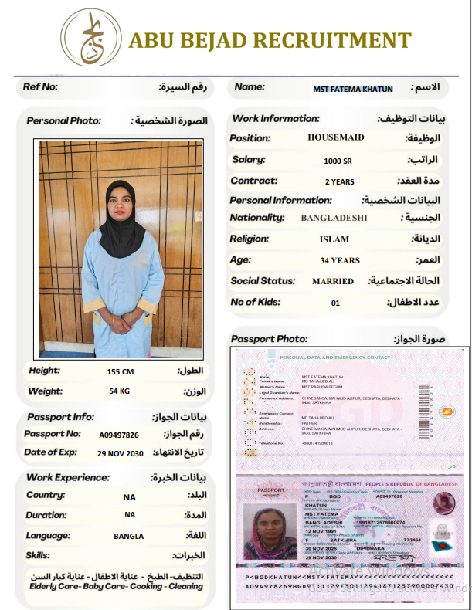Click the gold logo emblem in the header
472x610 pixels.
click(92, 38)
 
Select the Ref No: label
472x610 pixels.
click(41, 87)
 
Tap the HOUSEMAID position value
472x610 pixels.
click(336, 137)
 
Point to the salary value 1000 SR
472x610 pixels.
click(338, 161)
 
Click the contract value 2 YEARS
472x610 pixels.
click(339, 182)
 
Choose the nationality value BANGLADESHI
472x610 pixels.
click(334, 218)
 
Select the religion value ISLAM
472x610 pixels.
click(334, 239)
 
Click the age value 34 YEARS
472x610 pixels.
click(340, 261)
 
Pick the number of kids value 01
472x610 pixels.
click(335, 303)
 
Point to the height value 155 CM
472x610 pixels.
click(120, 372)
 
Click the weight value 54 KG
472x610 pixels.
click(119, 392)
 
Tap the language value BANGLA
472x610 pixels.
click(129, 536)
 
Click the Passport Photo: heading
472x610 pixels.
click(269, 339)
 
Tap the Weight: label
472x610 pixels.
click(46, 391)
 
